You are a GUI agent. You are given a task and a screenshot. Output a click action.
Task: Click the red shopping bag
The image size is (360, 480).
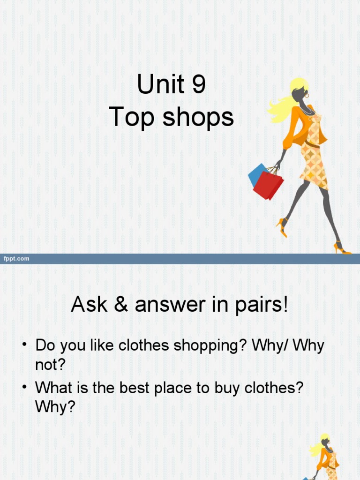(269, 185)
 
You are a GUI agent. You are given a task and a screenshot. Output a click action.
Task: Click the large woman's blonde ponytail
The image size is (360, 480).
(280, 107)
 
